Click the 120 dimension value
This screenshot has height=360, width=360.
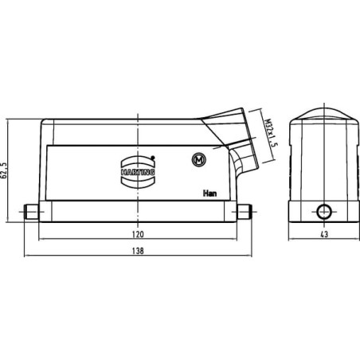tap(138, 234)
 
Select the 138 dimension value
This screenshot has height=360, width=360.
tap(138, 251)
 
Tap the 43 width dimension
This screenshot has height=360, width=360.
tap(324, 234)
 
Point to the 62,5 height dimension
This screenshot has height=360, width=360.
tap(4, 170)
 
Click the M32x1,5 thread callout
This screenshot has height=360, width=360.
tap(272, 133)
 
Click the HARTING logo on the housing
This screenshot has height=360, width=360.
tap(138, 172)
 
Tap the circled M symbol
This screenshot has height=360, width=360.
tap(199, 159)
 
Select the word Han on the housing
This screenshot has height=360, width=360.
tap(209, 194)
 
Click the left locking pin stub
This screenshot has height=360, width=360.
tap(31, 212)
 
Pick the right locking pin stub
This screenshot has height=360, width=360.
tap(244, 212)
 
